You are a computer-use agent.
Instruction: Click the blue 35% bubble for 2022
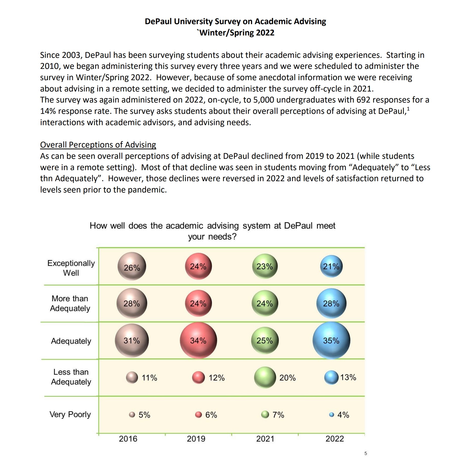[x=331, y=340]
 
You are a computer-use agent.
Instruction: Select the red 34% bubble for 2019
[x=198, y=340]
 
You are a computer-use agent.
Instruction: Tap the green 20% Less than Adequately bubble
[x=265, y=377]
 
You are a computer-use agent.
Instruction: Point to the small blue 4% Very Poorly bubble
[x=332, y=415]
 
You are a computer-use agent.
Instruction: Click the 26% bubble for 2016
[x=132, y=267]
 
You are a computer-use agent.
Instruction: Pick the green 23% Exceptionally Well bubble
[x=265, y=266]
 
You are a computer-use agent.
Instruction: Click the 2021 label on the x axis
[x=265, y=438]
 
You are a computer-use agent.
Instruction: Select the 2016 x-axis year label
[x=128, y=438]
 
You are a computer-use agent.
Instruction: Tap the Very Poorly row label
[x=70, y=415]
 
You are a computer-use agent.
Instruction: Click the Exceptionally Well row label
[x=71, y=268]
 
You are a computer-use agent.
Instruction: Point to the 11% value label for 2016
[x=149, y=378]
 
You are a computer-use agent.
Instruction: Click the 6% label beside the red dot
[x=211, y=415]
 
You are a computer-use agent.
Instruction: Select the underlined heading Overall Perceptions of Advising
[x=98, y=145]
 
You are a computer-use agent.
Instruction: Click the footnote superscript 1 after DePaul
[x=408, y=109]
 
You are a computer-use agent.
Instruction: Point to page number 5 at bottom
[x=365, y=453]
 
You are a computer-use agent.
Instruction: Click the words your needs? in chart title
[x=212, y=236]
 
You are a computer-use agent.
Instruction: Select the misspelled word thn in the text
[x=46, y=178]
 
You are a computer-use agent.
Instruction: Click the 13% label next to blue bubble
[x=348, y=377]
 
